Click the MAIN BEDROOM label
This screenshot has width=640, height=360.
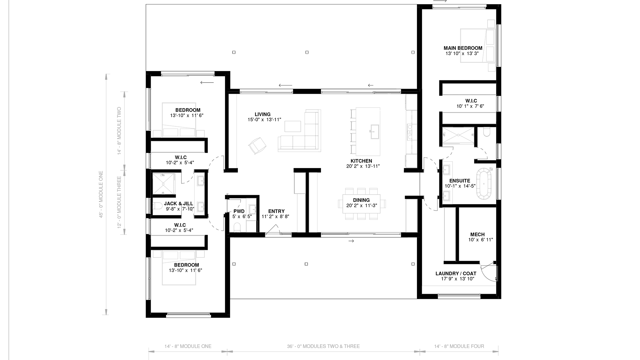(463, 48)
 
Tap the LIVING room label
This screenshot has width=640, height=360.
(262, 114)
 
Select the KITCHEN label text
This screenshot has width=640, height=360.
(361, 161)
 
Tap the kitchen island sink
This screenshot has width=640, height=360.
(375, 132)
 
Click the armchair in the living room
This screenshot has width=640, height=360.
(257, 146)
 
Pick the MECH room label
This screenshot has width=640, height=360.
(477, 235)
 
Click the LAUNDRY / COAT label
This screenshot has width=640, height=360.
(456, 274)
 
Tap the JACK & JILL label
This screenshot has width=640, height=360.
(179, 204)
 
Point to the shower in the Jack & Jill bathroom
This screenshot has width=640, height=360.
(164, 184)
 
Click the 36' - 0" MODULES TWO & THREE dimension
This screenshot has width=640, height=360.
(323, 346)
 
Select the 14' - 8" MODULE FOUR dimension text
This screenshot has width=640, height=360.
(459, 346)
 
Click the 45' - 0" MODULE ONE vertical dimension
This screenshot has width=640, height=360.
(101, 195)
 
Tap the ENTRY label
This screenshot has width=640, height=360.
(276, 211)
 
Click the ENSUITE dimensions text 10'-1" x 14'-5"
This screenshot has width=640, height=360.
(460, 186)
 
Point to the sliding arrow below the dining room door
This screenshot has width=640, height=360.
(351, 241)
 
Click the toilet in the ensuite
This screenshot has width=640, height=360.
(487, 132)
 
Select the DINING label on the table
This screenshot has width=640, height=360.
(361, 200)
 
